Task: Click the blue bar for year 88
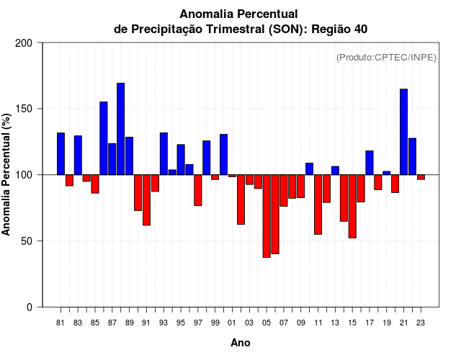121,129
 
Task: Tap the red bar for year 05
267,216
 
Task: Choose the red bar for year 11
318,204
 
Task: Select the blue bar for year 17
370,163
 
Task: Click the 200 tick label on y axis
24,43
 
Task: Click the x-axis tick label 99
215,323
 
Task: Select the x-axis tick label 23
421,323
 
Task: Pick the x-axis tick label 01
232,323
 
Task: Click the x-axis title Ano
241,343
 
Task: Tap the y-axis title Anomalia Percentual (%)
7,175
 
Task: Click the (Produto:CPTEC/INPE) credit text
386,57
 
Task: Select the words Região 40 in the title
342,29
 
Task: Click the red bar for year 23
421,177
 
